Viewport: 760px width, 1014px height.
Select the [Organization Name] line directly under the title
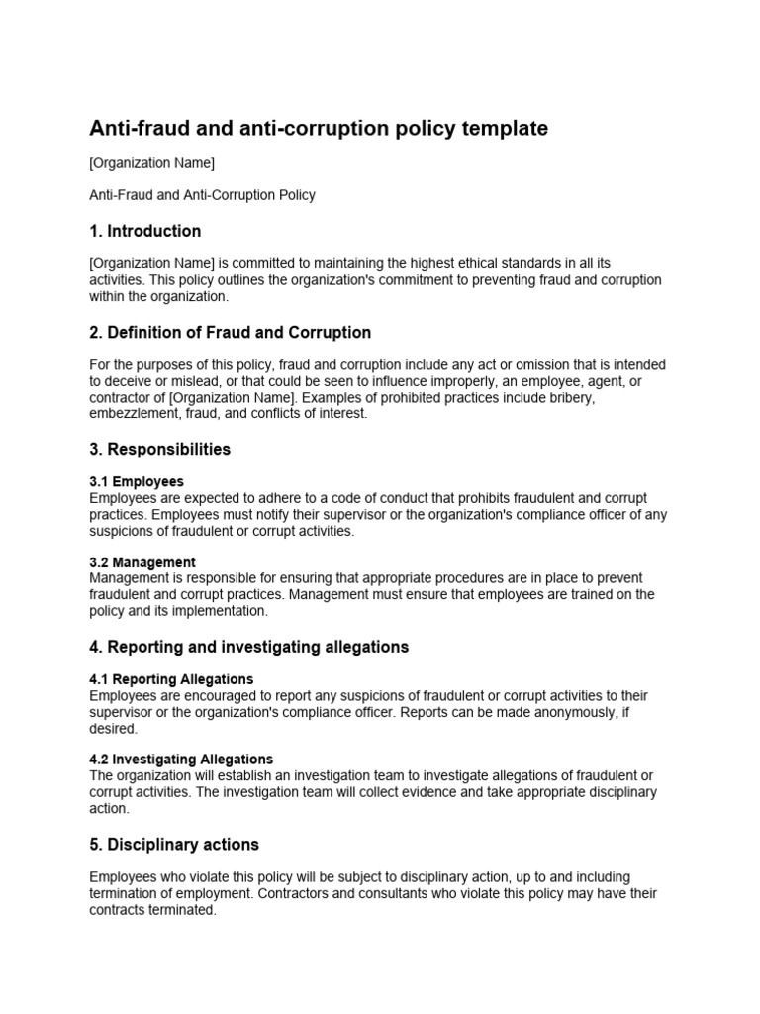point(152,163)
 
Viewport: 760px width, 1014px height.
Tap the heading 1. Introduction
point(145,231)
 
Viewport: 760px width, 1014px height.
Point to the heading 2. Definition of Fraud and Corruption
point(231,332)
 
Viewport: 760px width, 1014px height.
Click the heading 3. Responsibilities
point(160,449)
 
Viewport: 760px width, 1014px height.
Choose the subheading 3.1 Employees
point(137,481)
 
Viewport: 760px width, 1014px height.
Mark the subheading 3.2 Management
point(142,562)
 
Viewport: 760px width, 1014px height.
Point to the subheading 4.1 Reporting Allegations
point(171,679)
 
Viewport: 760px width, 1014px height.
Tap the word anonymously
point(571,711)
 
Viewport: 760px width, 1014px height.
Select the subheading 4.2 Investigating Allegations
point(181,760)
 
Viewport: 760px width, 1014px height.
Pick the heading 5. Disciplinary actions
point(174,845)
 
